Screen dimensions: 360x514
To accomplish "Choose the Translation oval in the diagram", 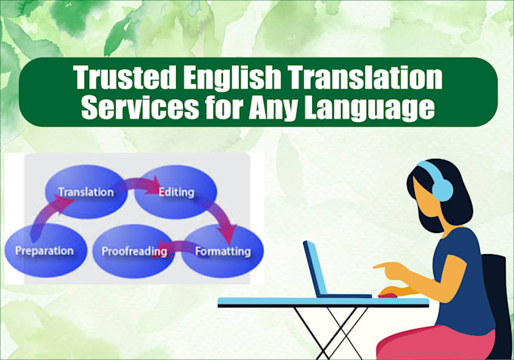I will pyautogui.click(x=86, y=192).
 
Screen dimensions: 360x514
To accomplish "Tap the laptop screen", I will pyautogui.click(x=317, y=268).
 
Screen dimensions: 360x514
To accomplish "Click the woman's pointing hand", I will pyautogui.click(x=387, y=270).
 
